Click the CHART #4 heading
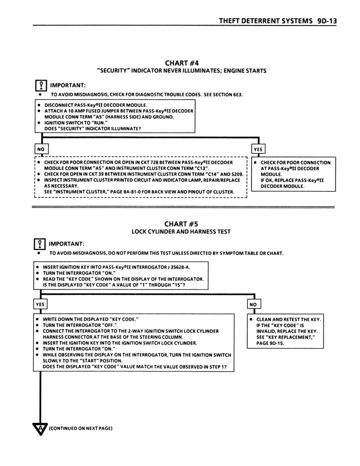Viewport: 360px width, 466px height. pos(182,63)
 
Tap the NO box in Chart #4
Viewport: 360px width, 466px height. pos(41,149)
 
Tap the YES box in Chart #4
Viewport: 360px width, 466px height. pos(259,149)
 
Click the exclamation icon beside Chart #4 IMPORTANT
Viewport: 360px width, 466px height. pos(41,86)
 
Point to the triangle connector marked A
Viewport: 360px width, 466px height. pos(40,428)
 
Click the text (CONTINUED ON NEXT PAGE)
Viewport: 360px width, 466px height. pos(80,428)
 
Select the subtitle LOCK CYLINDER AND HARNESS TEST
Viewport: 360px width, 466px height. pos(181,232)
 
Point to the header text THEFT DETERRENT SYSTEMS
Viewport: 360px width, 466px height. pos(265,20)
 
